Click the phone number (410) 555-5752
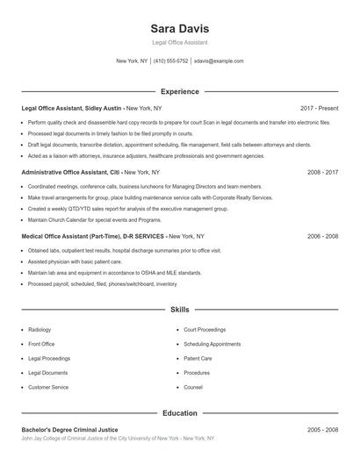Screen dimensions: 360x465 [x=171, y=61]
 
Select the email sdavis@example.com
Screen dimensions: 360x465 [x=219, y=61]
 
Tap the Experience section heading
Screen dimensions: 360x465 [x=179, y=91]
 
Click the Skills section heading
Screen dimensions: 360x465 [x=179, y=310]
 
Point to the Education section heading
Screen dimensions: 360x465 [x=179, y=412]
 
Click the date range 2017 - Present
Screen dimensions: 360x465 [x=319, y=107]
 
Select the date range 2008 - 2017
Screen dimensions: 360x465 [x=322, y=172]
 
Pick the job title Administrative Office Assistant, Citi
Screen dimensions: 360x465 [x=70, y=172]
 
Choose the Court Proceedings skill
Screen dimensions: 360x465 [x=205, y=330]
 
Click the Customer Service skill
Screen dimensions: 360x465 [x=48, y=387]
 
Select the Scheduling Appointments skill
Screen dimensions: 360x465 [x=212, y=344]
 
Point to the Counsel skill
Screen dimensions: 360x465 [x=193, y=387]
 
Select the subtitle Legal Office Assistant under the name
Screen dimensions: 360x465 [x=179, y=42]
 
